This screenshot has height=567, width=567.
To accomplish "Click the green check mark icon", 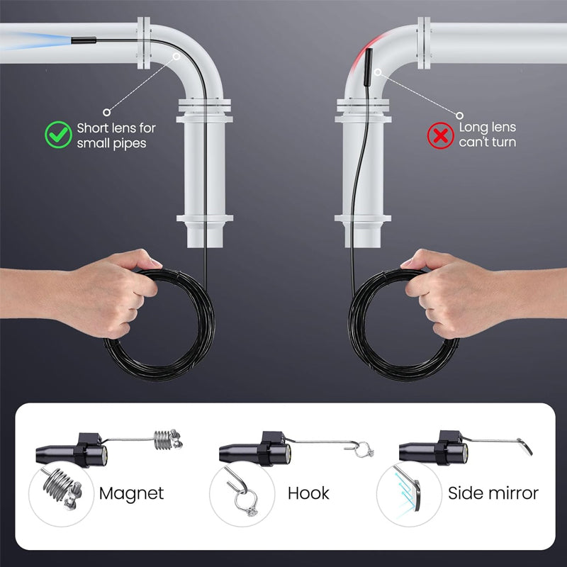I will coord(59,133).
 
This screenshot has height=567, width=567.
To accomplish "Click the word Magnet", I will coord(132,493).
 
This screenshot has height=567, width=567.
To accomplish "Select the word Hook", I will coord(308,493).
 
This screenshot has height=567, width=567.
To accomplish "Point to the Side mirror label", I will coord(493,493).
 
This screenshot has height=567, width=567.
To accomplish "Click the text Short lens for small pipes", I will coord(116,135).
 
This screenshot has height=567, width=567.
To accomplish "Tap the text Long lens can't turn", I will coord(488,135).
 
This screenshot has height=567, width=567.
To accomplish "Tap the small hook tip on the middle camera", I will coord(365,449).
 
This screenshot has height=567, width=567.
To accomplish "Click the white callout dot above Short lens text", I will coord(106,111).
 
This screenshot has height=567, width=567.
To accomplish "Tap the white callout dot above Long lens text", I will coord(459,114).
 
